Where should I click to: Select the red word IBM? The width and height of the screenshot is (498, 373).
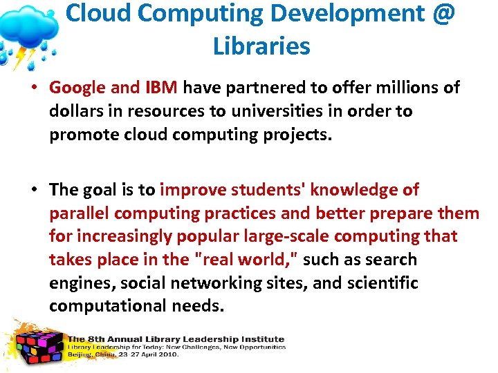(x=162, y=88)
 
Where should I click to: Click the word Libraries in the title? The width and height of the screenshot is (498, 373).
(x=261, y=46)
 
